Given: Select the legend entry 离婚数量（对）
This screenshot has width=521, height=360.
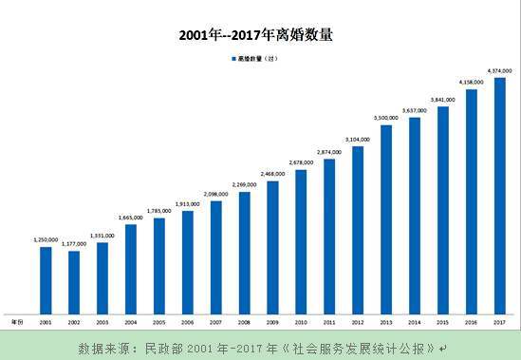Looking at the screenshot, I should [254, 59].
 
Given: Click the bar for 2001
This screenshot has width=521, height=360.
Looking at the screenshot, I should [46, 279].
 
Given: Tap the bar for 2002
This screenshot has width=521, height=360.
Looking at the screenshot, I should [74, 282].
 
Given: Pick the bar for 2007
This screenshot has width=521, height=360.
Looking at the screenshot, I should [215, 256].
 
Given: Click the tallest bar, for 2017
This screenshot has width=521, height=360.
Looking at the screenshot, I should [499, 195].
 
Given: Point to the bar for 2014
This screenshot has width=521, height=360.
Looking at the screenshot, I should [415, 215].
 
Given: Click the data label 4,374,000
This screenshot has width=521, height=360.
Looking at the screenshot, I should [499, 71].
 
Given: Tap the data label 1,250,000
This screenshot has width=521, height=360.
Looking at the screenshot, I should [46, 240].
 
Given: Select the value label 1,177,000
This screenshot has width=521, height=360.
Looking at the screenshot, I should [74, 244].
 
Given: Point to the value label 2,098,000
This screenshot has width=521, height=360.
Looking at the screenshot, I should [215, 194].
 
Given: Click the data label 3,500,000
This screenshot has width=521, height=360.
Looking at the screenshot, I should [386, 118].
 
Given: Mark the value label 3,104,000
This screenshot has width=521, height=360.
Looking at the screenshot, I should [358, 139].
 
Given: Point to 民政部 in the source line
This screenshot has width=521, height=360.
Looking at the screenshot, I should [164, 347].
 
